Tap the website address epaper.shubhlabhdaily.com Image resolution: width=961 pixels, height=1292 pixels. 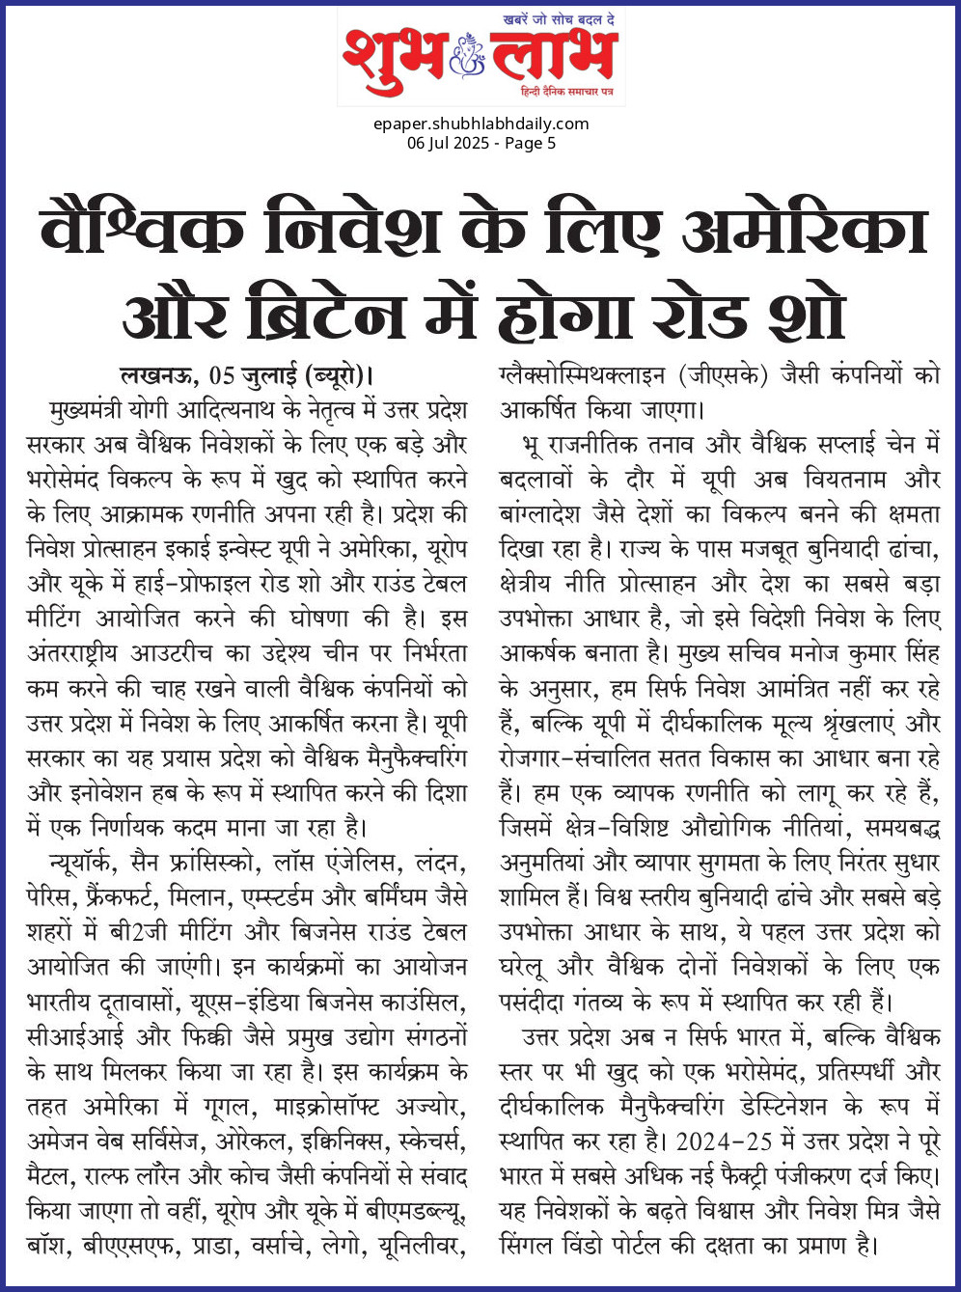pos(480,124)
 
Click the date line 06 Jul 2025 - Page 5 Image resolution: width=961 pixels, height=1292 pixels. pos(480,143)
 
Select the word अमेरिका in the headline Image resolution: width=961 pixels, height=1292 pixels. pos(805,232)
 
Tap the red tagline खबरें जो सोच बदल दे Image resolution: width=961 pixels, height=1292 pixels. pos(560,20)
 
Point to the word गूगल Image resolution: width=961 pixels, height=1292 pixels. pos(230,1106)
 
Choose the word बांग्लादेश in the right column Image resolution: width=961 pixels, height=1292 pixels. pos(546,514)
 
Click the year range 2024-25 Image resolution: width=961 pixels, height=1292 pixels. pos(724,1141)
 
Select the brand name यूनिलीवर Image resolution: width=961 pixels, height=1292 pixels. pos(423,1245)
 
